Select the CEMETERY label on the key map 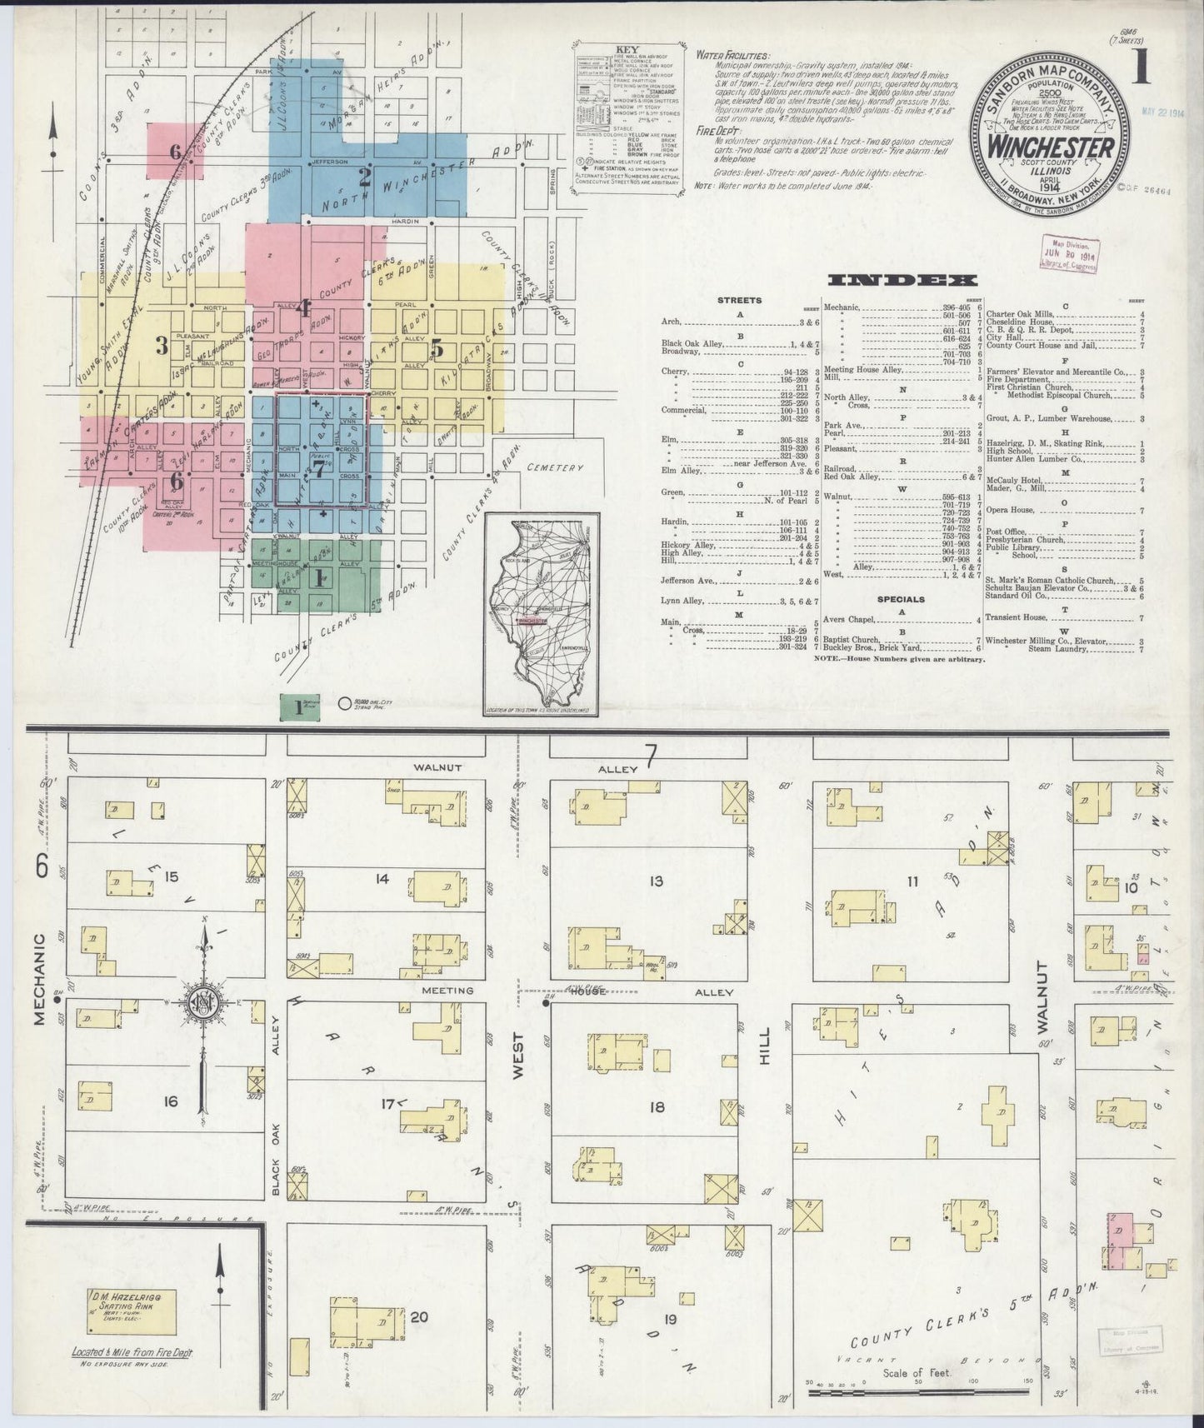tap(555, 468)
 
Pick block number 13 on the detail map tap(656, 880)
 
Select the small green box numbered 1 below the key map tap(299, 707)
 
